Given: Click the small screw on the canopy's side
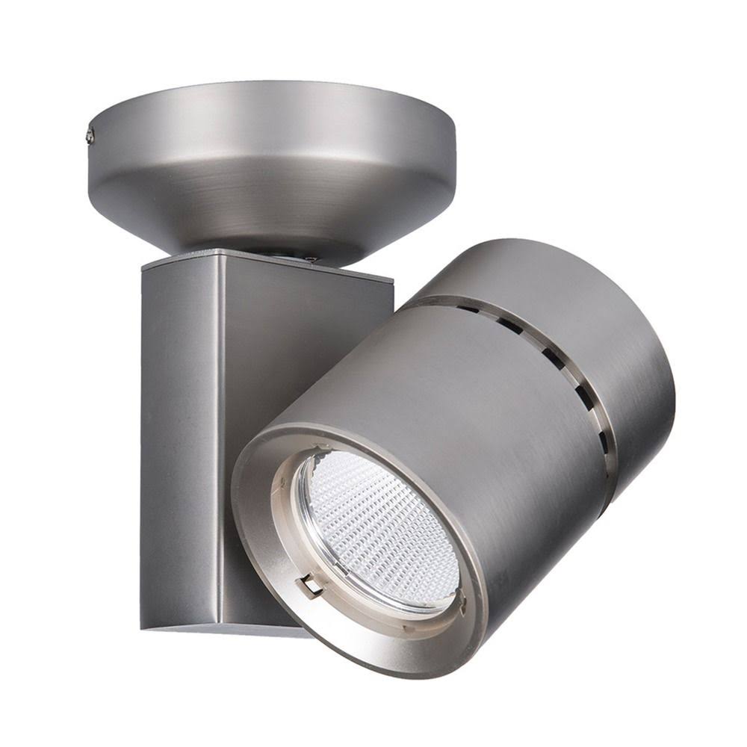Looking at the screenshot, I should click(90, 135).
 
